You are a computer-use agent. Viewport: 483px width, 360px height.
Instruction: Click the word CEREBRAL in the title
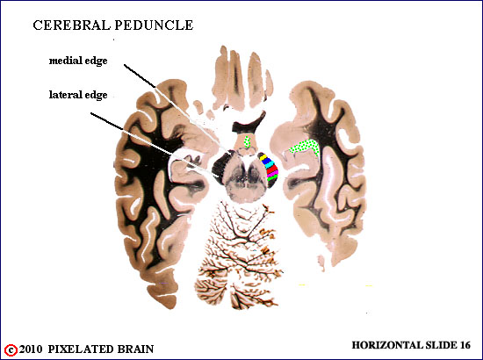point(71,25)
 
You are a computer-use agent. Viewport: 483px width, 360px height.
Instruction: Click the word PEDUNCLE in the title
point(154,25)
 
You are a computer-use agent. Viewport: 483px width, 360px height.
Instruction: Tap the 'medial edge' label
point(78,61)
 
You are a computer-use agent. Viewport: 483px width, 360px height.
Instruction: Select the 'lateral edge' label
point(78,95)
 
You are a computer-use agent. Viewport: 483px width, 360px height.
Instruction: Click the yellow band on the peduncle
point(263,157)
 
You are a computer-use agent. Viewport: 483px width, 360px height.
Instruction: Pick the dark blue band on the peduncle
point(267,161)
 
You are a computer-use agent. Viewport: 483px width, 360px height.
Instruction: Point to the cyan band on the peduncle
point(270,165)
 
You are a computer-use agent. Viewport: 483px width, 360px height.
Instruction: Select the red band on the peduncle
point(272,170)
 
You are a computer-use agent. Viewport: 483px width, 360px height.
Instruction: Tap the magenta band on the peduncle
point(272,175)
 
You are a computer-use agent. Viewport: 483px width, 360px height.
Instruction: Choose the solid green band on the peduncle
point(272,177)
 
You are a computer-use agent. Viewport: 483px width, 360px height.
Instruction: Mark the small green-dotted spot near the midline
point(247,141)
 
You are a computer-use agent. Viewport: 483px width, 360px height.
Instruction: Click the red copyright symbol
point(11,350)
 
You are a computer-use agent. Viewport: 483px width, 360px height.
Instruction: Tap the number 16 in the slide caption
point(465,345)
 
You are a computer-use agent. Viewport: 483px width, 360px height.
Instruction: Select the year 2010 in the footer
point(31,349)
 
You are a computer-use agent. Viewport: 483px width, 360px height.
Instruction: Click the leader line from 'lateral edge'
point(155,145)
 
